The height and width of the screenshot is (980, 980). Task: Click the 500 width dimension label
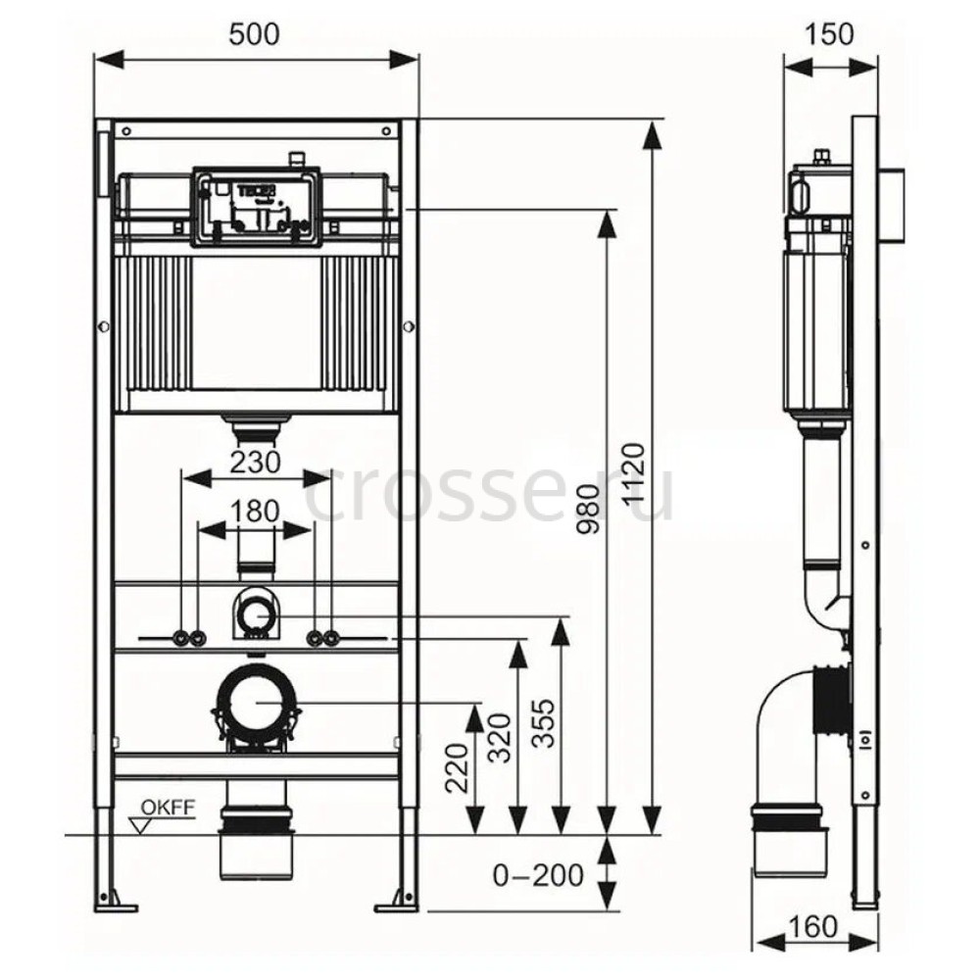pos(254,34)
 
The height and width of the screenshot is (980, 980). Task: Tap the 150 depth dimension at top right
pos(828,34)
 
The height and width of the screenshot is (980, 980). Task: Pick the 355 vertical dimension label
pos(543,724)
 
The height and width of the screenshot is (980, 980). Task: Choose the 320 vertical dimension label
pos(500,738)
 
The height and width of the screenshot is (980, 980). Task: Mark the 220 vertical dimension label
pos(457,768)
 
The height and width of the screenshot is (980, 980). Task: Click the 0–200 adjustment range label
pos(538,875)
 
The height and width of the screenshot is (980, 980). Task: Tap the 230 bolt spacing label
pos(256,463)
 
